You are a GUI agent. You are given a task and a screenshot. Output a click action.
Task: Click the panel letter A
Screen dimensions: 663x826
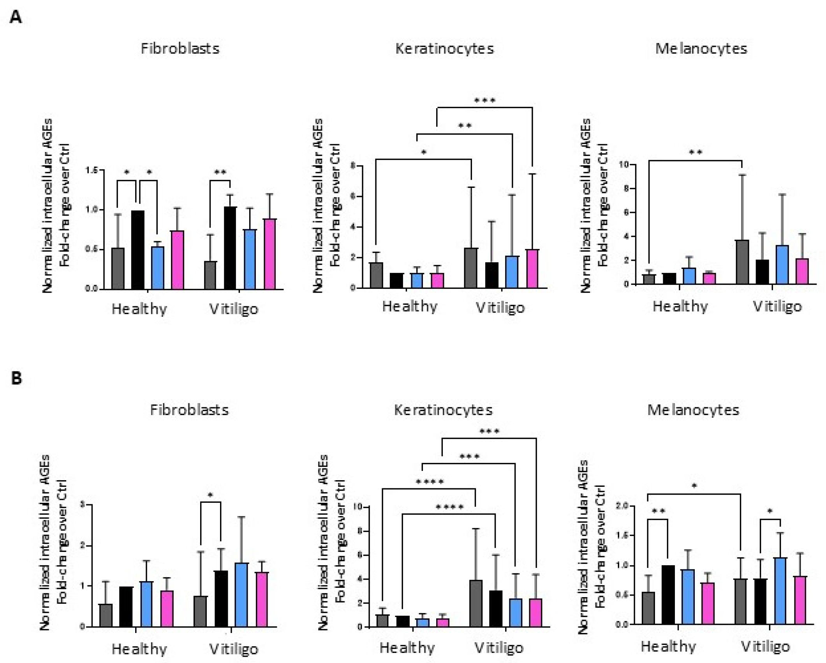(16, 18)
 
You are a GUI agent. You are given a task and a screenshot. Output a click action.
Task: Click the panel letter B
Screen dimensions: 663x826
(16, 378)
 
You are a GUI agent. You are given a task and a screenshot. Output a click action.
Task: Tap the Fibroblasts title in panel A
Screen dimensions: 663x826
(180, 49)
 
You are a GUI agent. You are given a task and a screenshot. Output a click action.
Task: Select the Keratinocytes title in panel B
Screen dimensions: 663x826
(443, 410)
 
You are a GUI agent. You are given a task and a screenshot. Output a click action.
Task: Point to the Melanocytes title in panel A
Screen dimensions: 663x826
(701, 49)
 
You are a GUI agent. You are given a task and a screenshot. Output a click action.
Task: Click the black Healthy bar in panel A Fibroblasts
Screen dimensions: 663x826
(138, 249)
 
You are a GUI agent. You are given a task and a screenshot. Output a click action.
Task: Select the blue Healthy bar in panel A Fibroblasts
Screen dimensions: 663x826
(157, 268)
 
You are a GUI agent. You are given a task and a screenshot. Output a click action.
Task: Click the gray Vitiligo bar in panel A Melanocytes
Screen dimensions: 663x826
(742, 262)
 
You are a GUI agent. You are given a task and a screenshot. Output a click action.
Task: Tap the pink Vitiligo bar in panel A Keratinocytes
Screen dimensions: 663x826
(532, 269)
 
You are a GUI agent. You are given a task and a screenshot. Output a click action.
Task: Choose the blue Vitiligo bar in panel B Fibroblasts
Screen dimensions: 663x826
(241, 595)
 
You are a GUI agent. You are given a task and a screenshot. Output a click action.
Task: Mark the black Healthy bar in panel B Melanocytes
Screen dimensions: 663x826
(668, 595)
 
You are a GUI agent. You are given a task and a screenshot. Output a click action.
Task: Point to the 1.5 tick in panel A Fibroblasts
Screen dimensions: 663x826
(92, 170)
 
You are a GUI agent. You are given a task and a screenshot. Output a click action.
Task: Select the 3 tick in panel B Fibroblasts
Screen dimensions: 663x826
(83, 505)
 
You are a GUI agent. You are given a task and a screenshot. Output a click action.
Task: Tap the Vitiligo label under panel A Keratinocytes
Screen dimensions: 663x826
(500, 308)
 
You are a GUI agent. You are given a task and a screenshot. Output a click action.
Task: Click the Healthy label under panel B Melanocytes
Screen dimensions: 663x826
(668, 647)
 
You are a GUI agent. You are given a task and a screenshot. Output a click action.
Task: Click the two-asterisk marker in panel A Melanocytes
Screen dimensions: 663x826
(696, 152)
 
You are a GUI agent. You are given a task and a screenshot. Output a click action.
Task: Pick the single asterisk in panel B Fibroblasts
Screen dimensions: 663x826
(211, 495)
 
